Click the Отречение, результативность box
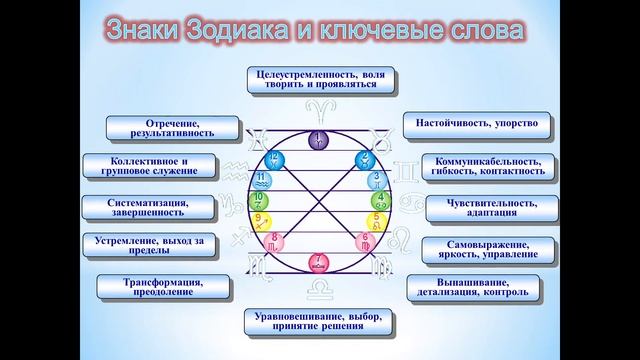[173, 127]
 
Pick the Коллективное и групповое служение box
[148, 165]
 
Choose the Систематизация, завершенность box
[148, 207]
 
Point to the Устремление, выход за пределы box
[147, 246]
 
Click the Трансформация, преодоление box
[163, 287]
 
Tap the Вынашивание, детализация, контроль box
[476, 287]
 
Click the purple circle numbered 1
[318, 140]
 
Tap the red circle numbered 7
[318, 263]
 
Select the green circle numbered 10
[258, 200]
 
